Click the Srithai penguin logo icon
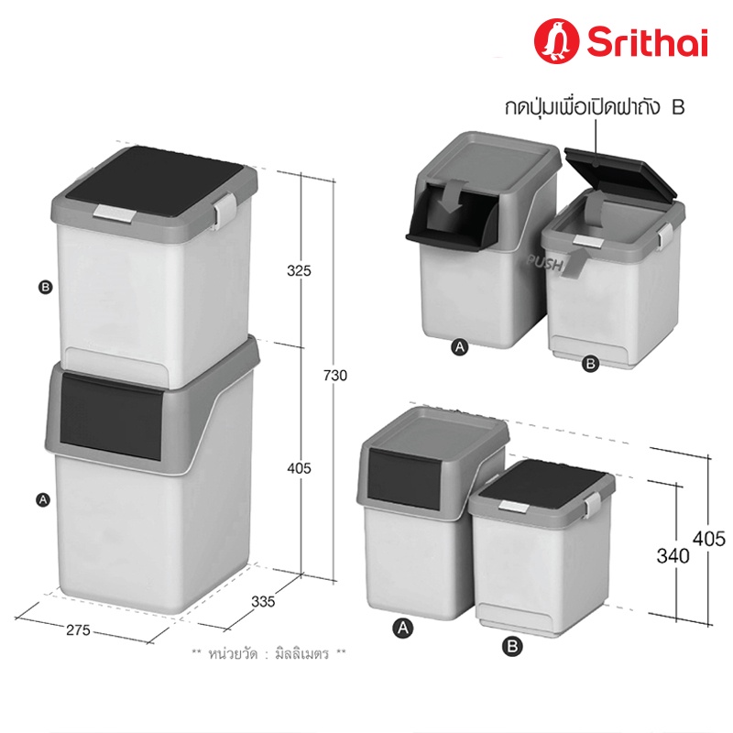point(557,41)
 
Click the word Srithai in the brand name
point(648,42)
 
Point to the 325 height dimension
point(300,270)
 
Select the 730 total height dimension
point(335,376)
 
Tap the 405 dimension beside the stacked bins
point(300,468)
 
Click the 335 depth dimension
point(263,602)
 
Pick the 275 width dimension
point(78,630)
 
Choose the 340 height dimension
point(673,556)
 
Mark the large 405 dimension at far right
point(709,539)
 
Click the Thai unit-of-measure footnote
point(269,653)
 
